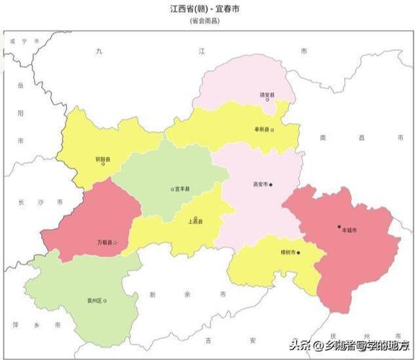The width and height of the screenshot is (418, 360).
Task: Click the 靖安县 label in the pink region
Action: point(267,94)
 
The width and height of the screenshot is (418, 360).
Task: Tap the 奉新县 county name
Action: point(260,129)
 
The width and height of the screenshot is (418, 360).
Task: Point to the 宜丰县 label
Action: point(182,189)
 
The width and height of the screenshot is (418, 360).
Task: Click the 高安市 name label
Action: point(260,184)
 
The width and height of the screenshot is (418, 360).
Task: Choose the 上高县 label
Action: point(195,222)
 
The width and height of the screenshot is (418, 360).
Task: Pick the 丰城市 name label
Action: point(350,230)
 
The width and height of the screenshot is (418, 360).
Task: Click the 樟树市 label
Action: point(288,253)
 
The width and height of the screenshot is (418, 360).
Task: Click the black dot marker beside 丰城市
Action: point(339,227)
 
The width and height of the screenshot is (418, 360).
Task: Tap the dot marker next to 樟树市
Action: point(298,253)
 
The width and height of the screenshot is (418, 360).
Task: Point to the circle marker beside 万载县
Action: point(115,243)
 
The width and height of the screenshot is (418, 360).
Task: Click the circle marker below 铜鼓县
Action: point(103,164)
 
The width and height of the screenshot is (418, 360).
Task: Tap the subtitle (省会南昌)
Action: point(205,22)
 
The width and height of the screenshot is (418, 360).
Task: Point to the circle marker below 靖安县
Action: point(267,99)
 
